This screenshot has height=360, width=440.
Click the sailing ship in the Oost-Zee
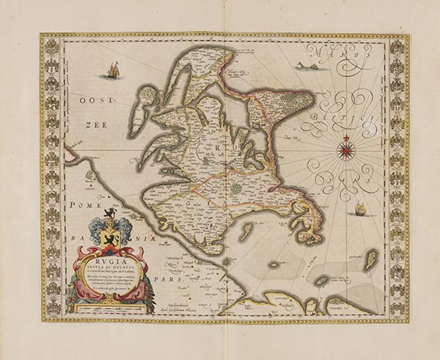coord(113,71)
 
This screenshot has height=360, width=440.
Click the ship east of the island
coord(360,209)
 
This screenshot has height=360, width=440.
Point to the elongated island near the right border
coord(371,258)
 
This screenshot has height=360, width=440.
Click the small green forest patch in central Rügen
coord(235,187)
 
